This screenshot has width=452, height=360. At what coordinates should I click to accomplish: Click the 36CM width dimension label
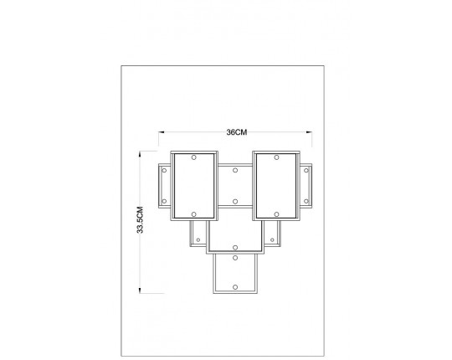(237, 132)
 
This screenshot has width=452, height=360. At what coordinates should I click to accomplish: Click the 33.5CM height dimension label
(140, 220)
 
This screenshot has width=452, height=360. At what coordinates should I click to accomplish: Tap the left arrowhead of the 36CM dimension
(162, 132)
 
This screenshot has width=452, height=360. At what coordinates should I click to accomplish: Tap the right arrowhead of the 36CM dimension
(309, 132)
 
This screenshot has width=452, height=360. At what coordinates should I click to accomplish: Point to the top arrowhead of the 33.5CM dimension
(140, 154)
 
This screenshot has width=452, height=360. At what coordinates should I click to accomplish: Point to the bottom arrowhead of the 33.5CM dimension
(140, 291)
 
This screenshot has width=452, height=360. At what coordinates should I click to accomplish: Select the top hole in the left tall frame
(193, 157)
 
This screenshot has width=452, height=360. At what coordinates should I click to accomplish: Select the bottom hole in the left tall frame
(193, 214)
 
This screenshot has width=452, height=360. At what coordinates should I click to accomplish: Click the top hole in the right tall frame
(276, 157)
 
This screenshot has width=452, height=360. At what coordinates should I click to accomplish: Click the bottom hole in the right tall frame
(276, 214)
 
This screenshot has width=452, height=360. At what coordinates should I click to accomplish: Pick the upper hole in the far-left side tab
(164, 170)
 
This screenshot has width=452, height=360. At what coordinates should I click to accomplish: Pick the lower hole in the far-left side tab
(164, 201)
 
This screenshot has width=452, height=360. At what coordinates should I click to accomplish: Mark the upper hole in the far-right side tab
(306, 170)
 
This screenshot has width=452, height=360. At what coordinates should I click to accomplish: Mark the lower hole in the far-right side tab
(306, 201)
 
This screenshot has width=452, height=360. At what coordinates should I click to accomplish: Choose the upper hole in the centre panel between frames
(235, 170)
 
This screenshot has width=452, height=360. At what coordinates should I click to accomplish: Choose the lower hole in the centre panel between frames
(235, 202)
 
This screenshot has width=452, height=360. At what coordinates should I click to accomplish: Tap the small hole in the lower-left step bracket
(198, 239)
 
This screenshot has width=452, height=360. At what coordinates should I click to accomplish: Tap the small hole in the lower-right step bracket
(272, 239)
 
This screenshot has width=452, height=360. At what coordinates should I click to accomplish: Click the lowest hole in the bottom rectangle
(235, 287)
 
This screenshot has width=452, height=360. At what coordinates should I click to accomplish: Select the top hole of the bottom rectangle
(235, 258)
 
